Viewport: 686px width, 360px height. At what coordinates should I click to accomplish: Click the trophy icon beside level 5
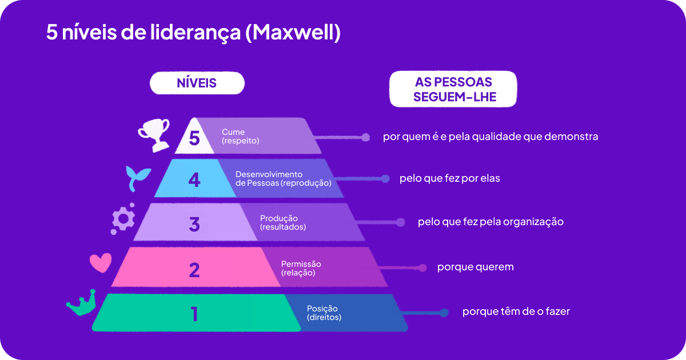pyautogui.click(x=154, y=134)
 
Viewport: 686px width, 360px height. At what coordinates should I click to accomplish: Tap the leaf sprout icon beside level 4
pyautogui.click(x=138, y=179)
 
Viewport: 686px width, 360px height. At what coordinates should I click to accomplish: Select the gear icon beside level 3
pyautogui.click(x=123, y=219)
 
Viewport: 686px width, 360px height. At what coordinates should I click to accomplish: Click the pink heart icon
pyautogui.click(x=101, y=262)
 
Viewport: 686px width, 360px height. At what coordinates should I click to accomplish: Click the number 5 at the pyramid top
pyautogui.click(x=194, y=138)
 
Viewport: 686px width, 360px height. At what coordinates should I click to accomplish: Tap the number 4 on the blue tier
pyautogui.click(x=194, y=180)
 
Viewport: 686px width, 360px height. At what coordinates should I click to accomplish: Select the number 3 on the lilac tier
pyautogui.click(x=194, y=224)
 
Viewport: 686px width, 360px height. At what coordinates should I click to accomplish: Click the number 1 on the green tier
pyautogui.click(x=194, y=314)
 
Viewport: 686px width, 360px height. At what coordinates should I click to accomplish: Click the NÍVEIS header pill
pyautogui.click(x=197, y=83)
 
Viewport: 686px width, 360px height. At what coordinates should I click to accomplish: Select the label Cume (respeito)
pyautogui.click(x=241, y=136)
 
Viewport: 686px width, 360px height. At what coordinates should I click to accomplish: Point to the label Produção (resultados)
pyautogui.click(x=283, y=223)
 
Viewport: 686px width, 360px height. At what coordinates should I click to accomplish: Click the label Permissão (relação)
pyautogui.click(x=301, y=268)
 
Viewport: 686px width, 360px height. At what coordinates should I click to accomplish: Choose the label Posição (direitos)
pyautogui.click(x=324, y=313)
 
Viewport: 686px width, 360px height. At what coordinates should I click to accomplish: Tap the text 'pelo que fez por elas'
pyautogui.click(x=449, y=178)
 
